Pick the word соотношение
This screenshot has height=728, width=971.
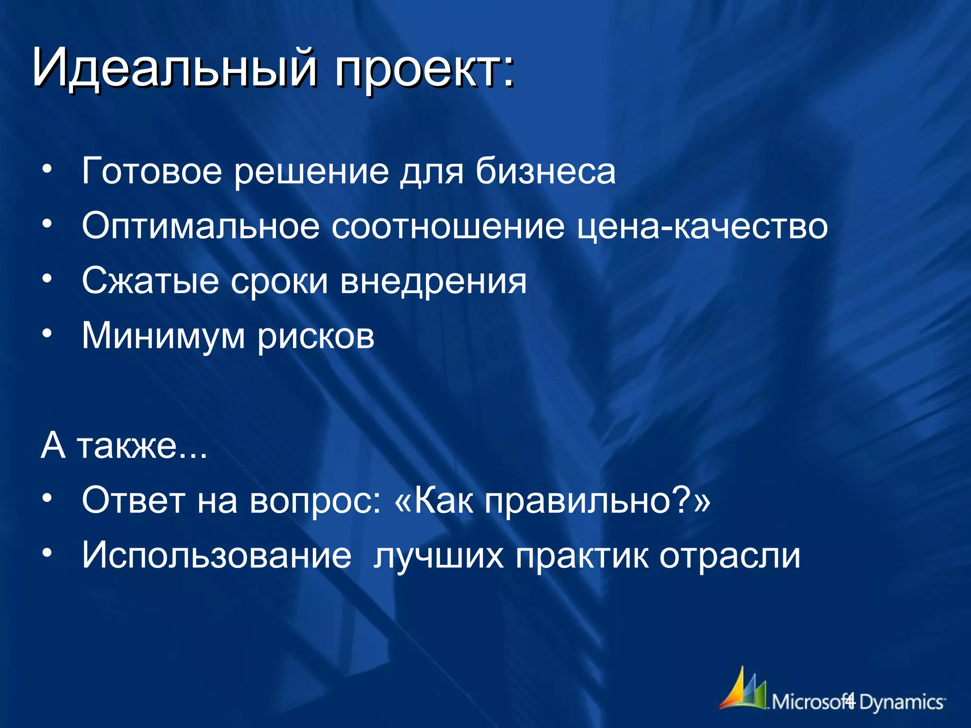[448, 227]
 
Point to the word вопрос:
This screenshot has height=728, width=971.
[315, 501]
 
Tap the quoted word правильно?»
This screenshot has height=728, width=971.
[597, 501]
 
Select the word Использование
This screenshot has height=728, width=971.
[217, 555]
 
